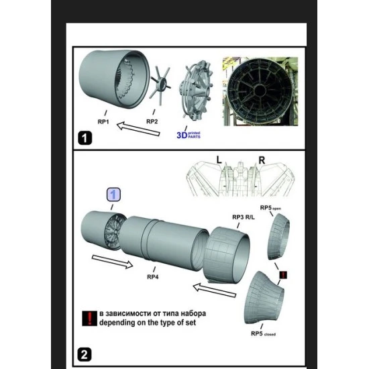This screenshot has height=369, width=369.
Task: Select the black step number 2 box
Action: [85, 355]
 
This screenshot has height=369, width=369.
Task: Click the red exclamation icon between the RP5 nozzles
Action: [283, 274]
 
